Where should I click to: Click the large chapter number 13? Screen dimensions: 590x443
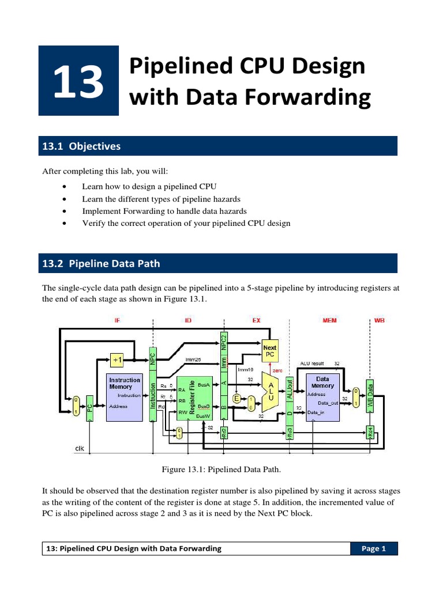tap(78, 81)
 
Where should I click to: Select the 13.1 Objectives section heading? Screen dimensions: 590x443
tap(80, 146)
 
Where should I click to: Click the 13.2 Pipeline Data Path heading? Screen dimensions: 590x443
tap(102, 264)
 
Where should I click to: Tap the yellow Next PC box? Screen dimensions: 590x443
tap(269, 351)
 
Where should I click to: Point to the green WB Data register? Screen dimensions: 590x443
tap(370, 396)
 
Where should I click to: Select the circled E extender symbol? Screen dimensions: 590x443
tap(236, 398)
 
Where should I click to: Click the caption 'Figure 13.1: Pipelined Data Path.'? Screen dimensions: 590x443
tap(221, 470)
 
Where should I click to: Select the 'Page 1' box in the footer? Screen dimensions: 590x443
tap(374, 549)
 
